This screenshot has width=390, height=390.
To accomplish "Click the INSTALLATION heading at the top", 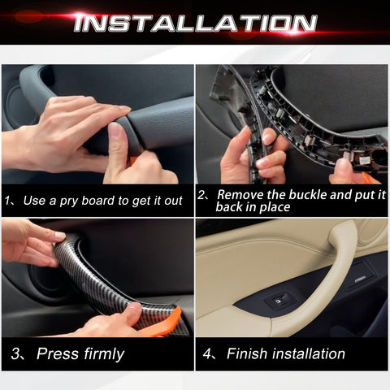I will point(195,22).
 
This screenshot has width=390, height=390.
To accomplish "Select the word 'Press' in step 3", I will point(58,353).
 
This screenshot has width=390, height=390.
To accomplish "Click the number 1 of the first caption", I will point(9,201).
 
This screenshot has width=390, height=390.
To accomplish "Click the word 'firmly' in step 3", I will point(102,353).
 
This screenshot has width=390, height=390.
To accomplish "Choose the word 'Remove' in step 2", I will point(240,195).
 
